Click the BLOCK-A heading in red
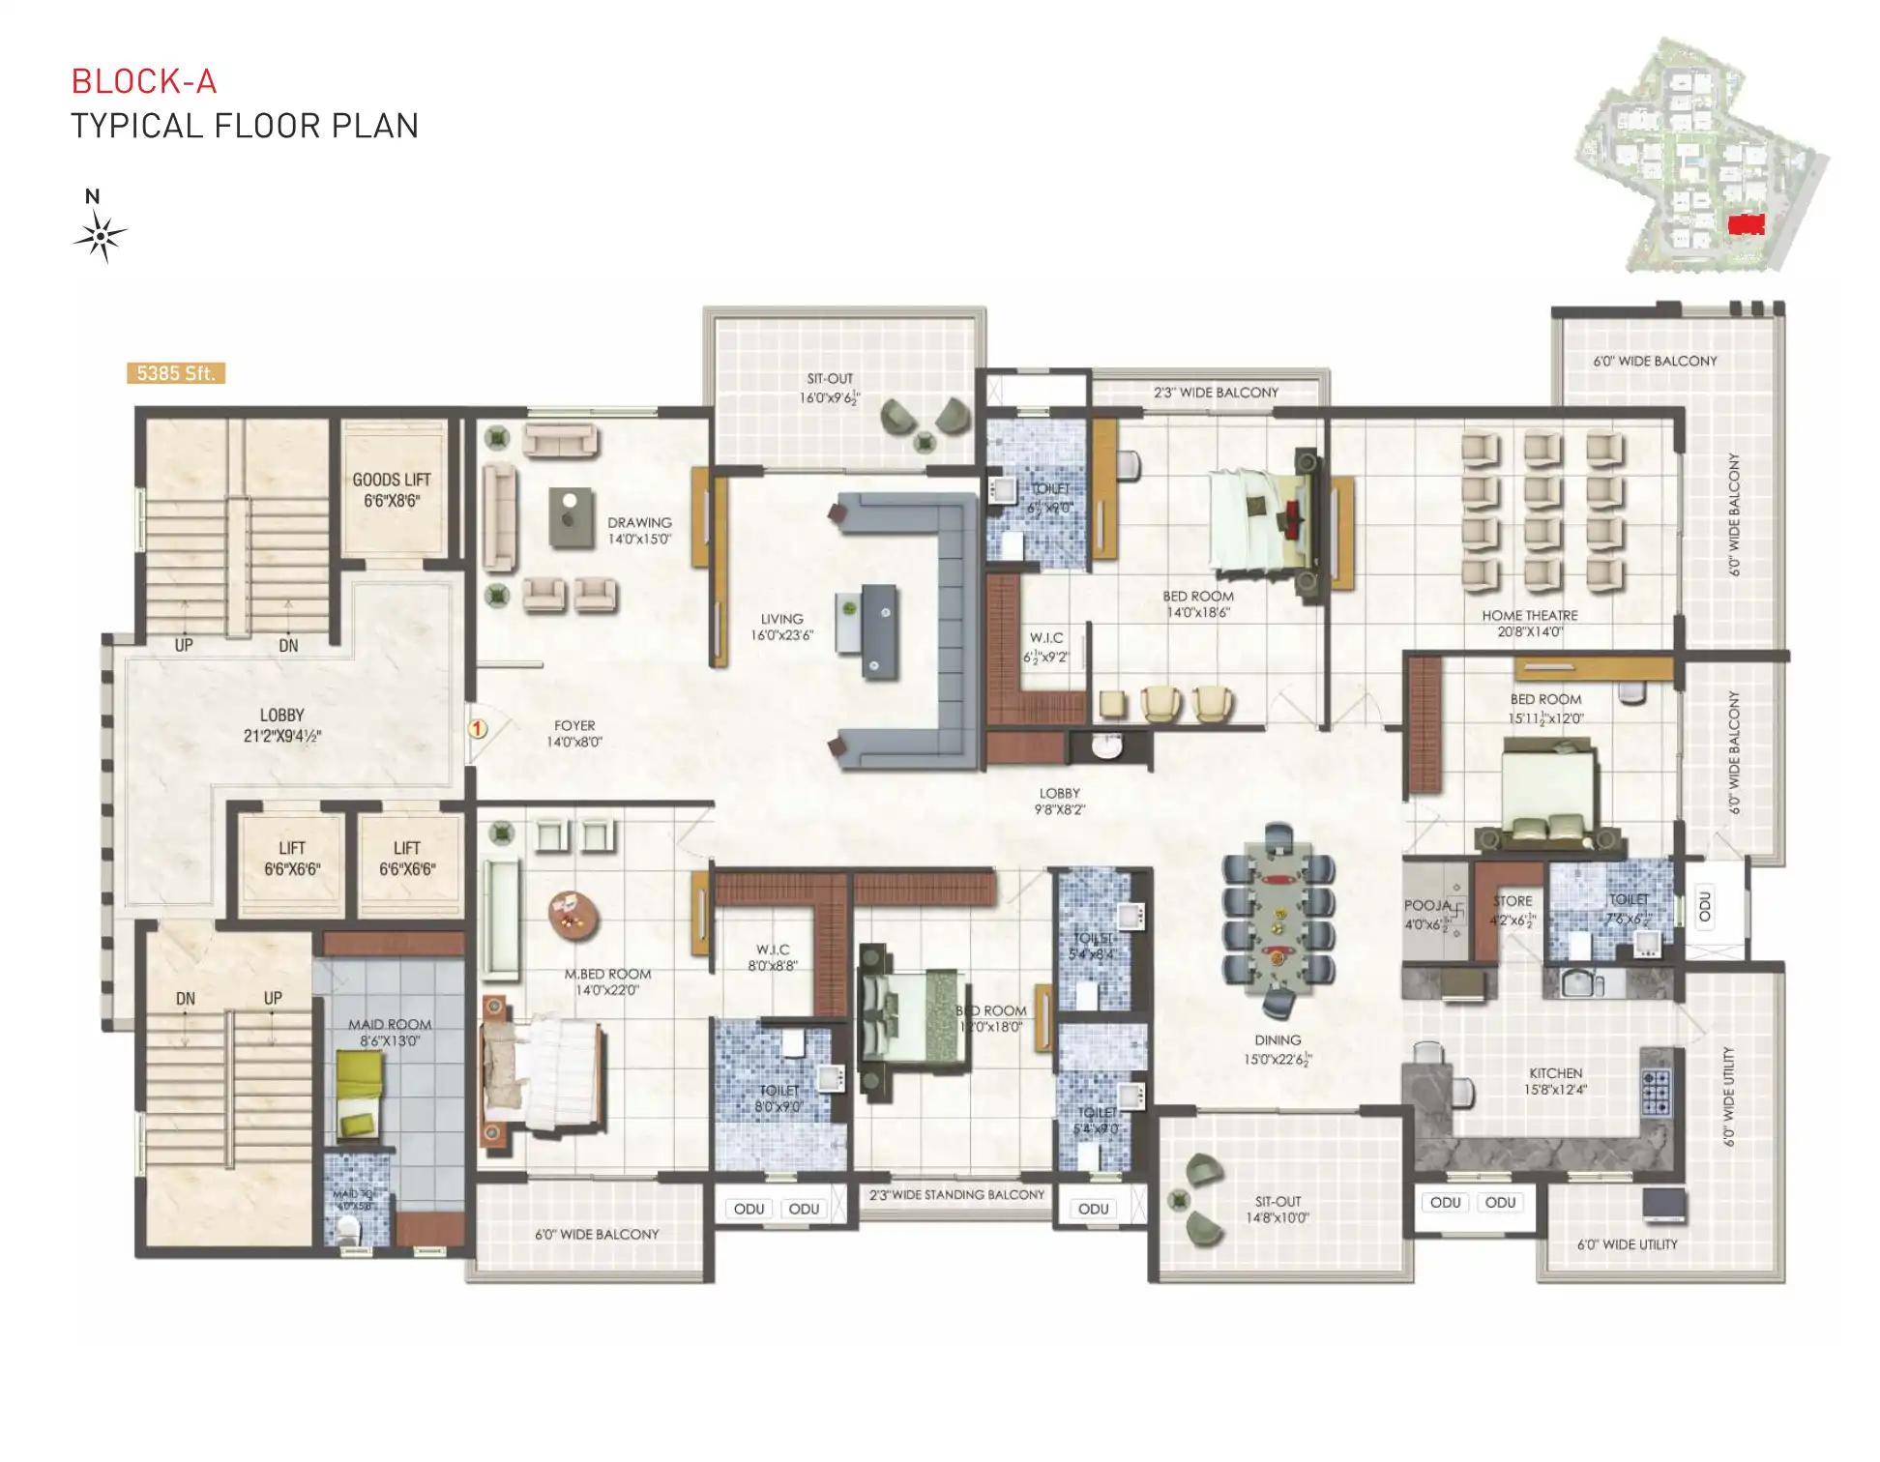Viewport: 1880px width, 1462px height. click(144, 81)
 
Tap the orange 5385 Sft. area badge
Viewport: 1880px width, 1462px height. click(176, 373)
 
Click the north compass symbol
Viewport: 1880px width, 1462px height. click(100, 235)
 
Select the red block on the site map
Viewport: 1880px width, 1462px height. click(1747, 224)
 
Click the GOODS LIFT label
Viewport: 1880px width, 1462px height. click(392, 489)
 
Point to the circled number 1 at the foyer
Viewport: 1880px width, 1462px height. click(478, 728)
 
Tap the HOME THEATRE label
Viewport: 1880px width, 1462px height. click(1530, 623)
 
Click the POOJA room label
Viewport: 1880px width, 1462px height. click(1427, 915)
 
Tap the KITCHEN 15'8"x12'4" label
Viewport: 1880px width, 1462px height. click(1555, 1081)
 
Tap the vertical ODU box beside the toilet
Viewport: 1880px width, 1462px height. click(1705, 906)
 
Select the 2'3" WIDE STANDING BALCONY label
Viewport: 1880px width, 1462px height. click(956, 1195)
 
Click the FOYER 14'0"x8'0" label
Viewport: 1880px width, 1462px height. click(574, 733)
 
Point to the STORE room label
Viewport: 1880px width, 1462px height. click(1512, 909)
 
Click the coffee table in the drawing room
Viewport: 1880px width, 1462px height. click(572, 516)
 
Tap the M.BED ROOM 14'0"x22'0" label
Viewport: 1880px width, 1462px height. click(607, 981)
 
